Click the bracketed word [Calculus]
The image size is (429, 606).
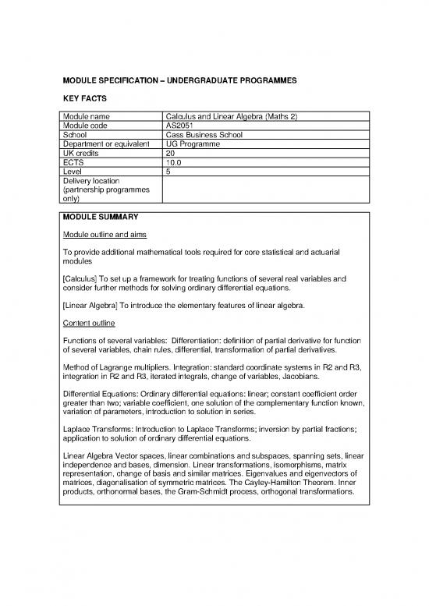tap(83, 278)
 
